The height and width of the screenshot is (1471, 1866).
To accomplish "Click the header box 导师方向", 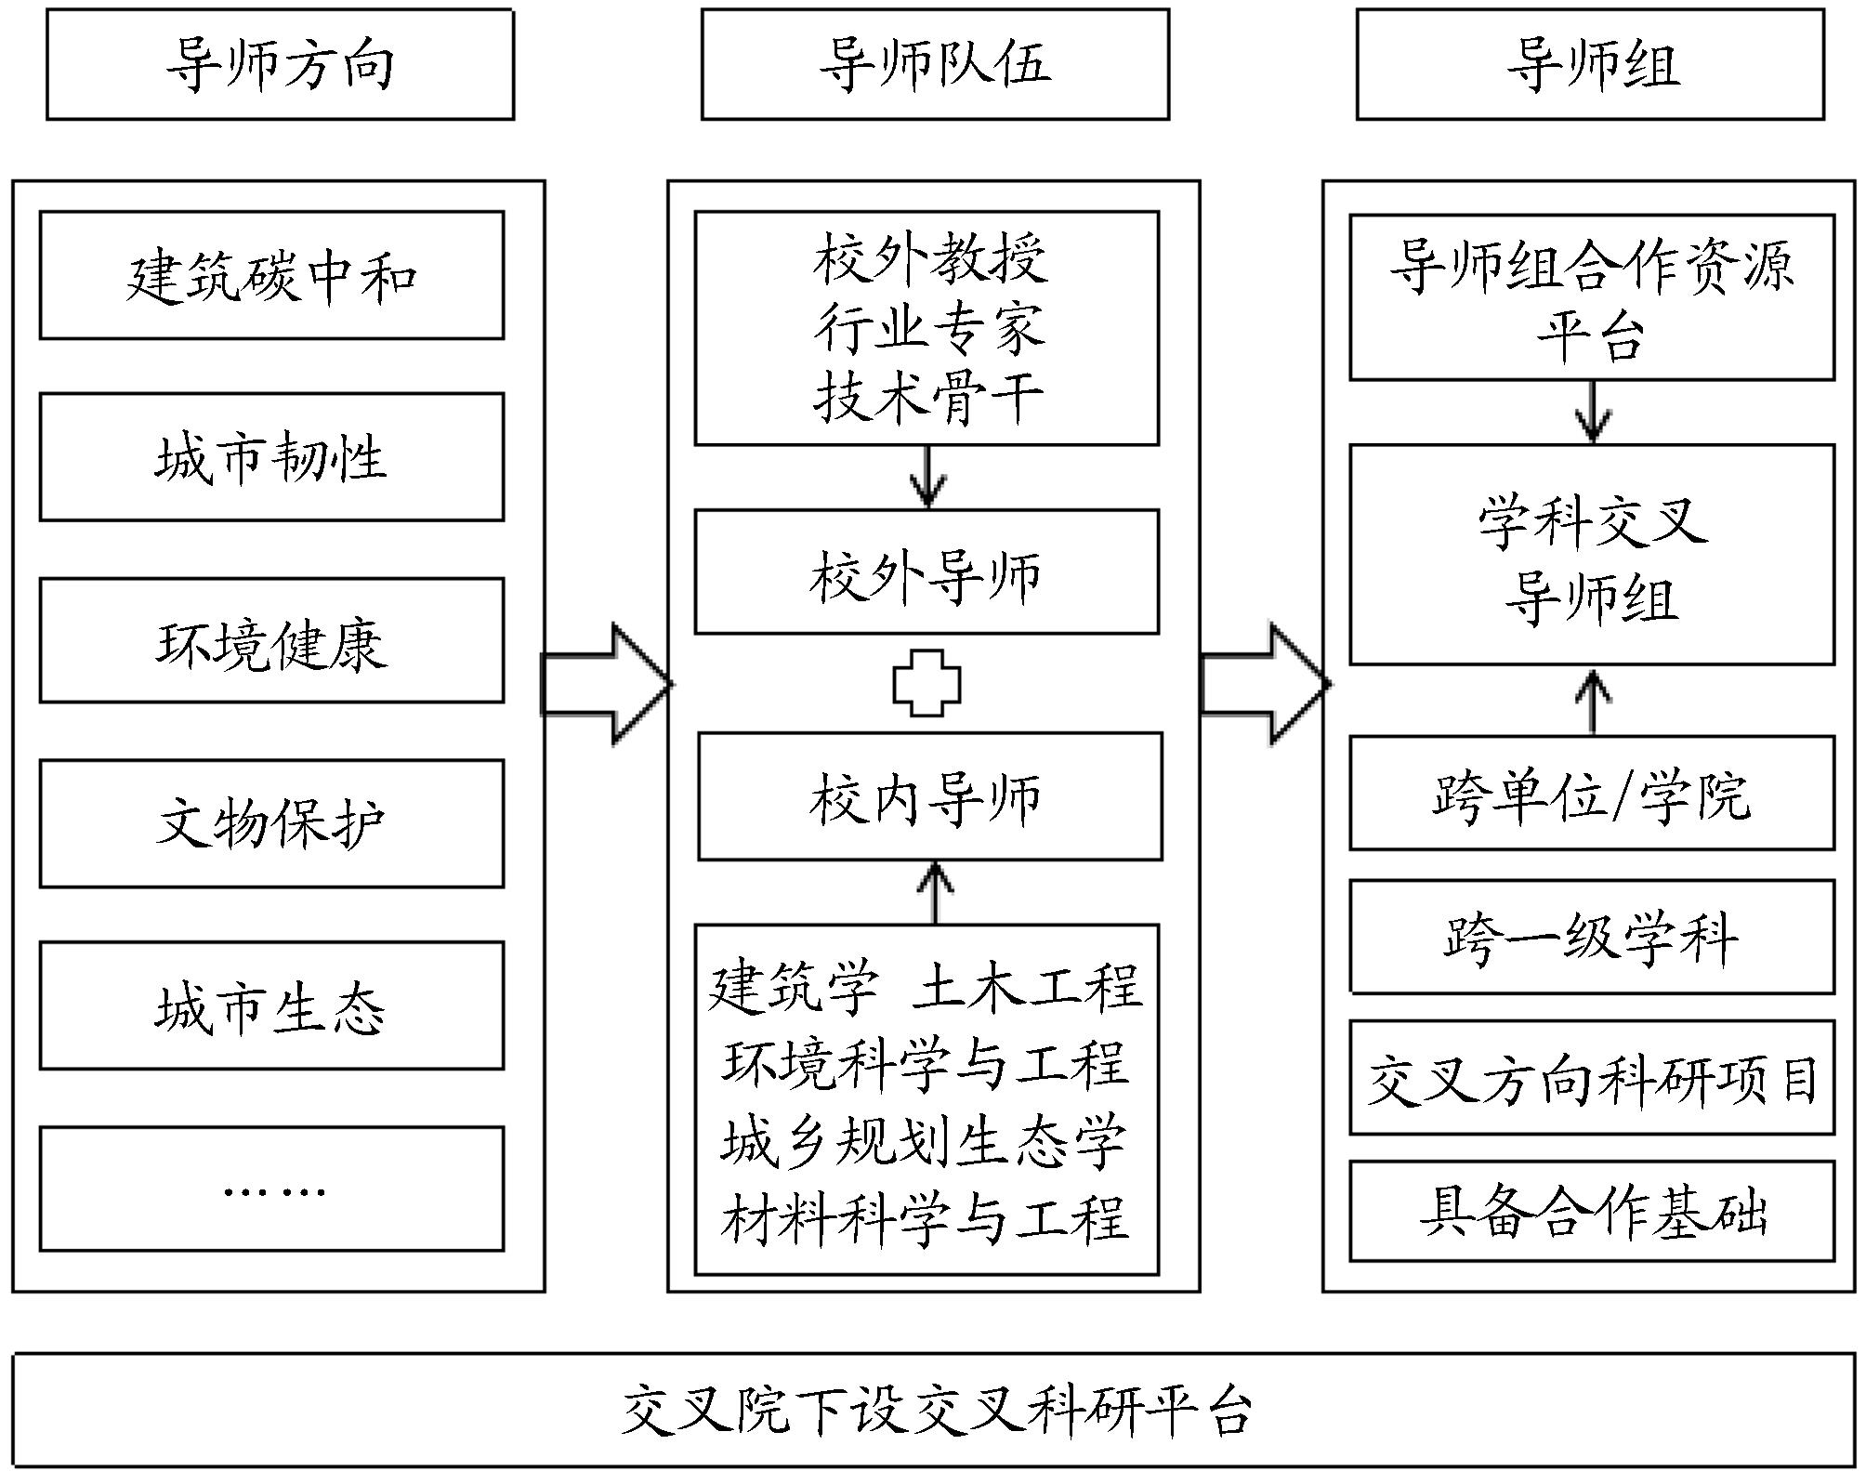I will [280, 64].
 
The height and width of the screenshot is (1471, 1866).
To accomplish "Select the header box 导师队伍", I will [935, 64].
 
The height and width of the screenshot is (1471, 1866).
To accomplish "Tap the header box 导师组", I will [1590, 64].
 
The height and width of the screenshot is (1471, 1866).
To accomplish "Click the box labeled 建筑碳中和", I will [271, 275].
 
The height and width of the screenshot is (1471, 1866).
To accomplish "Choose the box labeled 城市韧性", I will [271, 456].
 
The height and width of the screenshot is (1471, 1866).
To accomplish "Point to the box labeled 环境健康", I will [271, 641].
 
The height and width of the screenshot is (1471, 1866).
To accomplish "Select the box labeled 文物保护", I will [271, 823].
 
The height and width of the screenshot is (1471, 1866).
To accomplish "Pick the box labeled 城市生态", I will [271, 1005].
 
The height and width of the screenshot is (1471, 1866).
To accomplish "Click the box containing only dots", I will [271, 1189].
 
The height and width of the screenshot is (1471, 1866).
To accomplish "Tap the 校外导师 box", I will [926, 571].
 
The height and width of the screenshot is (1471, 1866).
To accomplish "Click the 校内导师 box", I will [930, 796].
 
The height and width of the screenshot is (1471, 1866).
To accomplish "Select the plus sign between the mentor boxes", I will [926, 683].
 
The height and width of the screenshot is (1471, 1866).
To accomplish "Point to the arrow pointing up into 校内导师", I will [935, 892].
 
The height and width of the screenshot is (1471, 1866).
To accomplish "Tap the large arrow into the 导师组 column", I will [1265, 684].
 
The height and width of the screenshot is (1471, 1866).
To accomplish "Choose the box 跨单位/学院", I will [1592, 794].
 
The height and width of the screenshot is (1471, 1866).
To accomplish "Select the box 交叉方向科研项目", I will [1592, 1078].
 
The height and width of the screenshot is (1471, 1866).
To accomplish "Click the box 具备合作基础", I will [1592, 1211].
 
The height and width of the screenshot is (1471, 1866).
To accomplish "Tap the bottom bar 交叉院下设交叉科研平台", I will [935, 1411].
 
